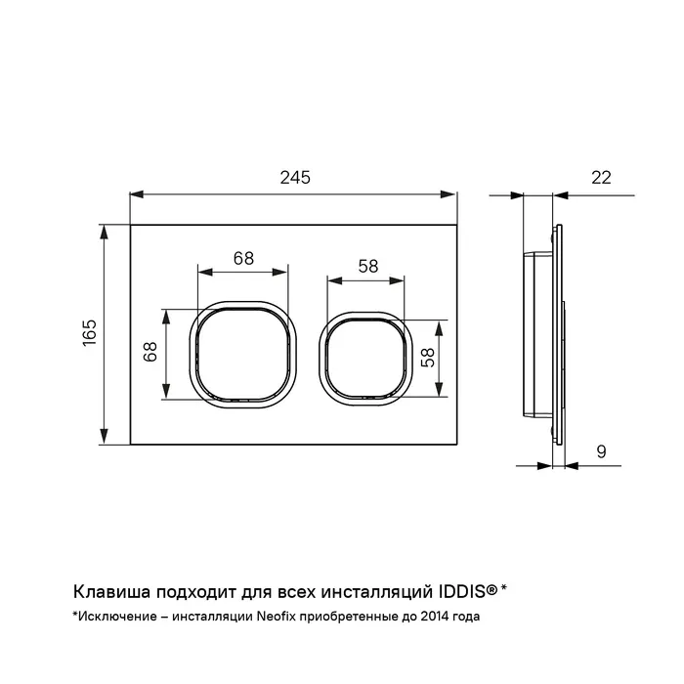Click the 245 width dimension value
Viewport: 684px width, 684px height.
pyautogui.click(x=295, y=178)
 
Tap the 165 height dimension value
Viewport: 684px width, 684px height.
pyautogui.click(x=90, y=333)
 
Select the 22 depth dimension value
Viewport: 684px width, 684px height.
pyautogui.click(x=601, y=178)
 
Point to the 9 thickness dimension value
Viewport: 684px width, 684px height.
pyautogui.click(x=601, y=451)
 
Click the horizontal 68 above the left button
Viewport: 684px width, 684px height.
pyautogui.click(x=243, y=258)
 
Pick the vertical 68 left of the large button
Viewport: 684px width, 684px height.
pyautogui.click(x=150, y=352)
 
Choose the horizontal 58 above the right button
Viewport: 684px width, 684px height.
pyautogui.click(x=368, y=266)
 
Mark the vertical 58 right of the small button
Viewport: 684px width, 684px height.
pyautogui.click(x=428, y=358)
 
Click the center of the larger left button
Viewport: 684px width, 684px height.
pyautogui.click(x=242, y=354)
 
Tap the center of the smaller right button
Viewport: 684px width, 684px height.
pyautogui.click(x=366, y=359)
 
